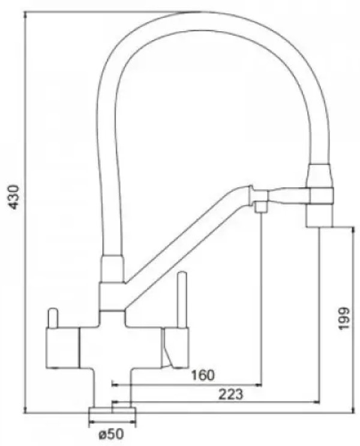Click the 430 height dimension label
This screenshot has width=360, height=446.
pos(13,197)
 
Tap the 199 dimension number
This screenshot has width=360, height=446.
pos(344,318)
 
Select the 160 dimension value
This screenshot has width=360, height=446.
pos(202,375)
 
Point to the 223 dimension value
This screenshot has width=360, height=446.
pos(231,394)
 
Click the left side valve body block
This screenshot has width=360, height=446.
pos(62,348)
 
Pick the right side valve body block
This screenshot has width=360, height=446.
pos(175,347)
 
